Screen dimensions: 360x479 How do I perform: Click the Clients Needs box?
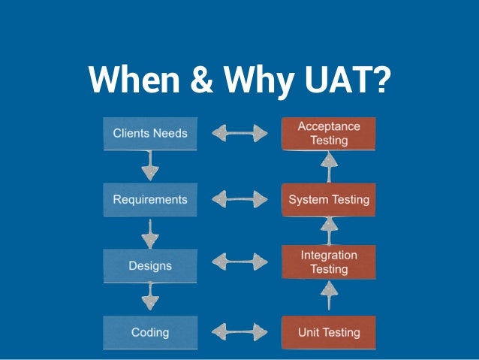coord(150,134)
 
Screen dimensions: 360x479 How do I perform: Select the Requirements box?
coord(150,200)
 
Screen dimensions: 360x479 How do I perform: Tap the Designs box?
coord(150,266)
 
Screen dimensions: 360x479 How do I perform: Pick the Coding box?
coord(150,331)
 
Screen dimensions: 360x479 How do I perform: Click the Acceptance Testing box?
coord(329,133)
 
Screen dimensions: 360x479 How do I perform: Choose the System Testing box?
coord(329,200)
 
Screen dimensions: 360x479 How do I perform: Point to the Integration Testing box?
coord(329,262)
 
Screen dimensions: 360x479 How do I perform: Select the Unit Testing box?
coord(329,331)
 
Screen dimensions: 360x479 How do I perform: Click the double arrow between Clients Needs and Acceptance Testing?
coord(239,134)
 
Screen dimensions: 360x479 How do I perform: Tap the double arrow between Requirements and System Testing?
coord(239,200)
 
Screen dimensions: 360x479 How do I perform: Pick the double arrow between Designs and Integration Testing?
coord(239,262)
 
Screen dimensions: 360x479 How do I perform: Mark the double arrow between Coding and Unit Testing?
coord(239,331)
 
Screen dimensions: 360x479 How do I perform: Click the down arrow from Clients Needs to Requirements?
coord(150,166)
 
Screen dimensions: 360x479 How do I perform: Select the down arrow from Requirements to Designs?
coord(150,232)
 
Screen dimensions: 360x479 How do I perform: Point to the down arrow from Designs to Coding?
coord(150,298)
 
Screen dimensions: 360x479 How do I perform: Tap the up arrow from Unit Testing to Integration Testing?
coord(329,297)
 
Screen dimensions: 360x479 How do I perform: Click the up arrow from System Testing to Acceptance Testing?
coord(329,166)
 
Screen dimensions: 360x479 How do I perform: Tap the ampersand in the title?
coord(194,80)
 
